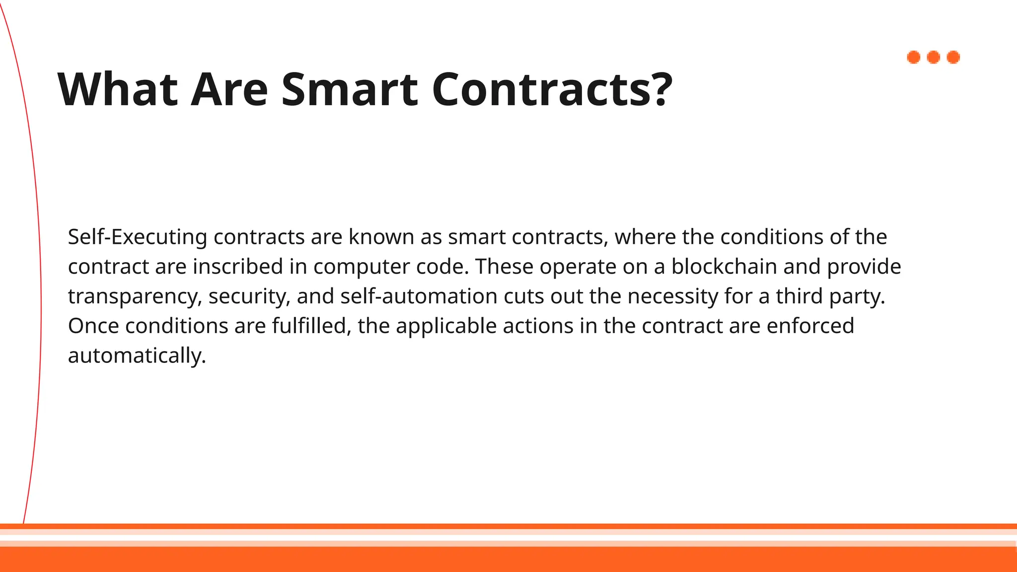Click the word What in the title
(x=118, y=89)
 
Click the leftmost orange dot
(x=914, y=58)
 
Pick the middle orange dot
(x=934, y=58)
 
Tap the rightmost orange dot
(x=953, y=58)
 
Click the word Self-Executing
(x=137, y=237)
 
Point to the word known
(x=381, y=237)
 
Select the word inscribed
(x=238, y=267)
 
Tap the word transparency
(x=135, y=297)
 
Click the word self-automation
(x=419, y=296)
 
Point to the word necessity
(x=672, y=297)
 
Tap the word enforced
(x=810, y=326)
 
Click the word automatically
(x=137, y=356)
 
